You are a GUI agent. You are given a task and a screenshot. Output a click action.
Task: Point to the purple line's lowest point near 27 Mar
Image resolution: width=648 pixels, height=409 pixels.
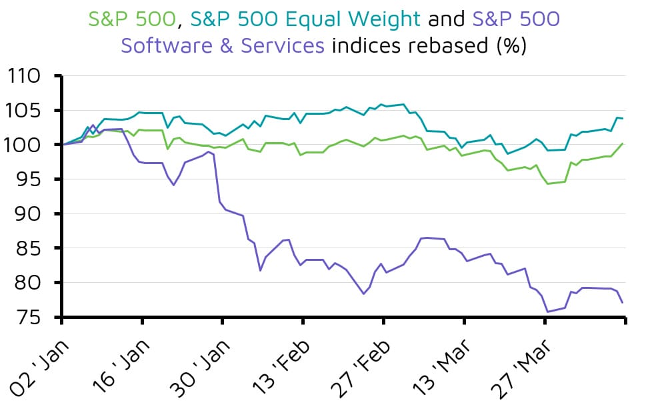(x=547, y=312)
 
